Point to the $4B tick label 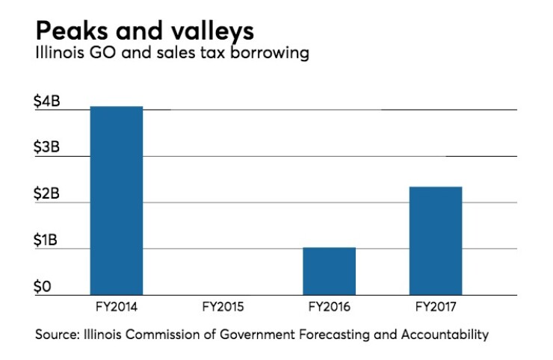tap(48, 102)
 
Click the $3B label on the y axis tap(48, 149)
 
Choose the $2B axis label tap(48, 195)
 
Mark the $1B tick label tap(48, 241)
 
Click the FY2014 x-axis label tap(116, 305)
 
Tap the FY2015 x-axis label tap(223, 305)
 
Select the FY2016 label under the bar tap(329, 305)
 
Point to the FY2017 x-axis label tap(435, 305)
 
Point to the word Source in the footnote tap(54, 334)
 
